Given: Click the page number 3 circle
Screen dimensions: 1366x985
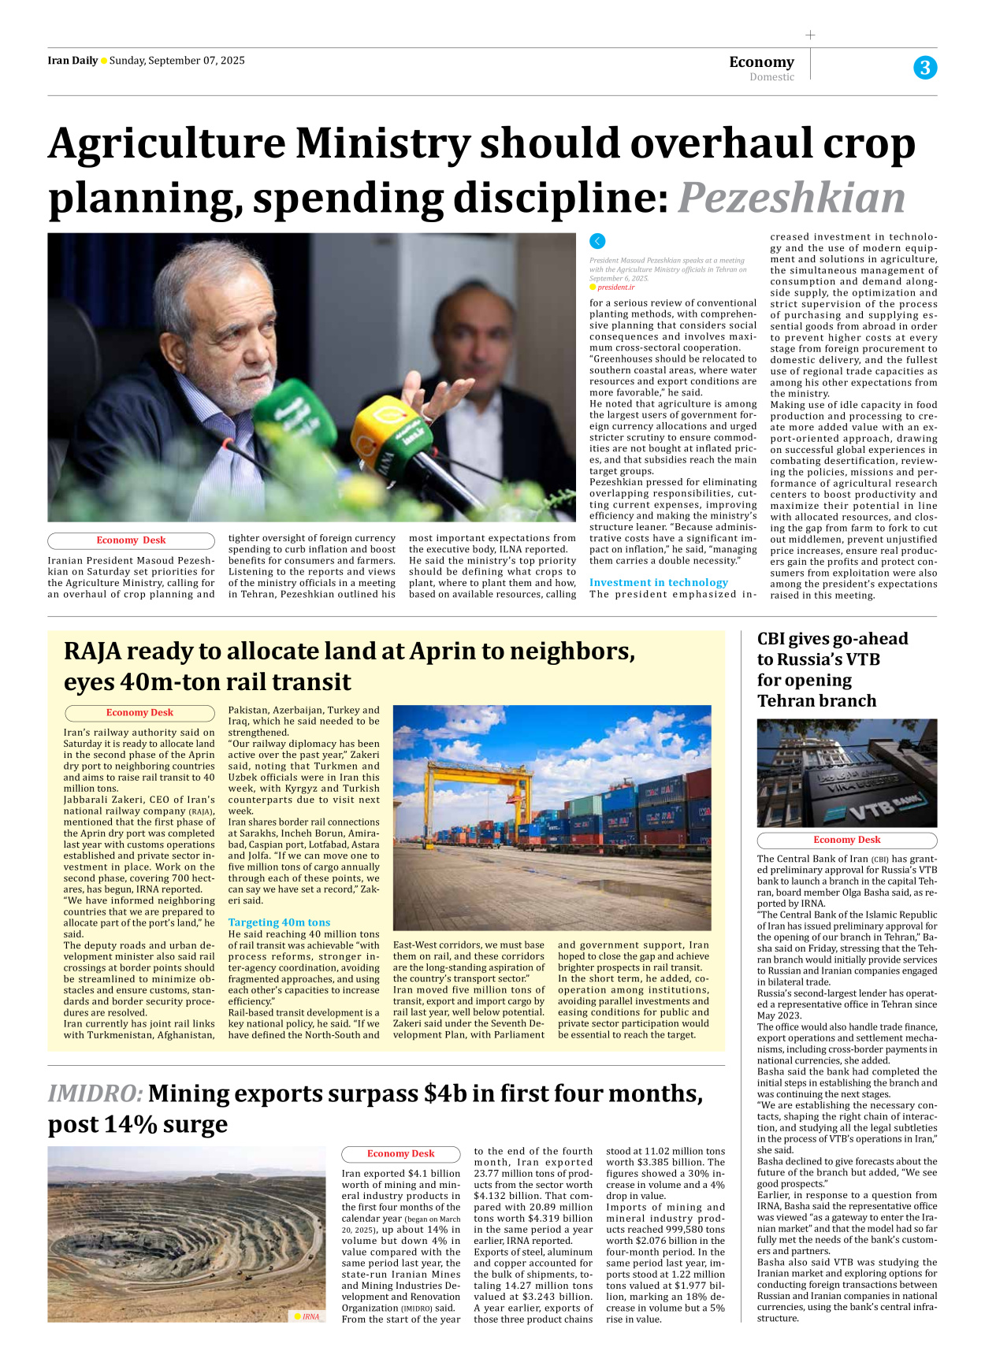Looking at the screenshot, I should pos(925,68).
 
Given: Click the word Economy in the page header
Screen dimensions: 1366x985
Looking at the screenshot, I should pos(761,61).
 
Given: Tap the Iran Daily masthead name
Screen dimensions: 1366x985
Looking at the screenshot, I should pos(72,61).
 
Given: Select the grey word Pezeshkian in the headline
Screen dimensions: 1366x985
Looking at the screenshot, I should pos(791,197).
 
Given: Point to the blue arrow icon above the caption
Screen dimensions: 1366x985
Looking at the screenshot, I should pos(597,241).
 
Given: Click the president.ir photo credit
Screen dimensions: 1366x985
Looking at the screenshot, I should pos(615,288).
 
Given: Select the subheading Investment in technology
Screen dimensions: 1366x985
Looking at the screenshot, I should pos(658,582).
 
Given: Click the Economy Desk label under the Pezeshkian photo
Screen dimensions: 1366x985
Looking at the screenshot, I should pos(131,540).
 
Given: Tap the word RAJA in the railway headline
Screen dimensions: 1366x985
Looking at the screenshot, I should pos(92,651).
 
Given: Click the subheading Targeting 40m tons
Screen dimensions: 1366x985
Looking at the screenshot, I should pos(279,922).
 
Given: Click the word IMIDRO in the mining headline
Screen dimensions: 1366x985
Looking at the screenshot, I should pos(95,1093).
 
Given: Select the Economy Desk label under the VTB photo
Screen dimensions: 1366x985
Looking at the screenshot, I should pos(846,840).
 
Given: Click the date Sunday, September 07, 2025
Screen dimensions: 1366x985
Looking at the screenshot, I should pos(177,61).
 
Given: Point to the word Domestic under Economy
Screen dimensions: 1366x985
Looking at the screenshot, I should pos(771,77).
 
